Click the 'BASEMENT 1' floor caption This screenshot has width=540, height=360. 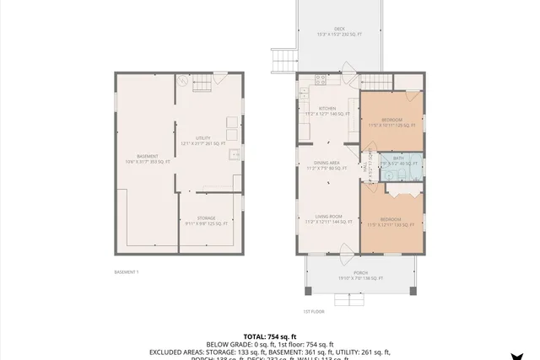127,271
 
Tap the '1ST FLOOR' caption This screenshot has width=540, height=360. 313,311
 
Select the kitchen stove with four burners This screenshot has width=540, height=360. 321,80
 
